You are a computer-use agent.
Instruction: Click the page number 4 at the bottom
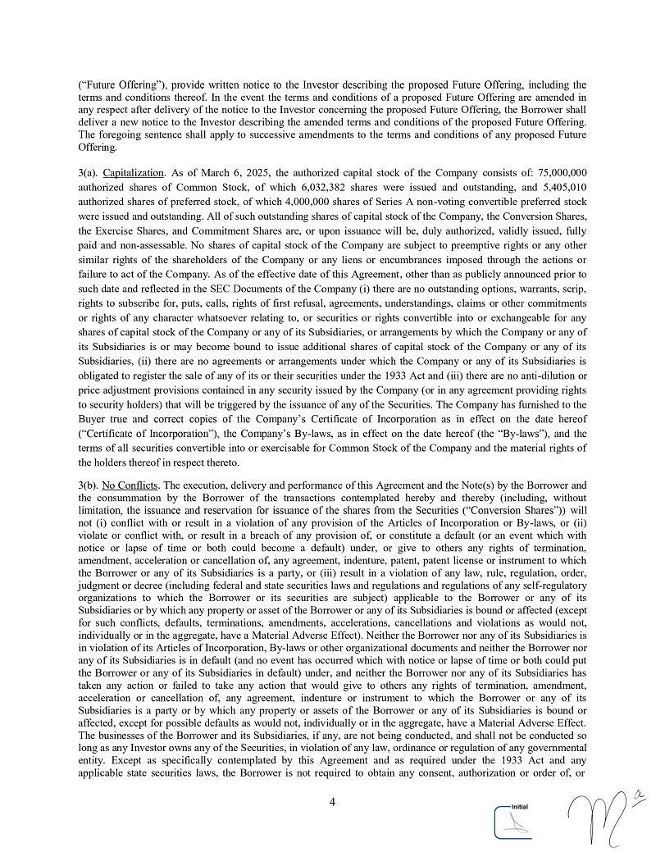(x=332, y=802)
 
